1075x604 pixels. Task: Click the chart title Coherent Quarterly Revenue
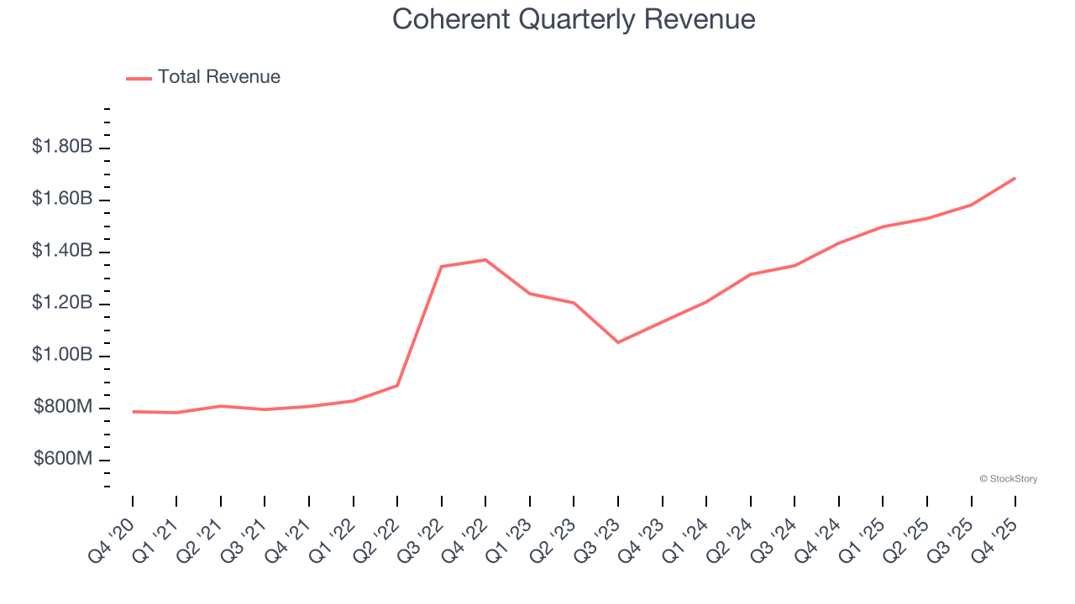[574, 19]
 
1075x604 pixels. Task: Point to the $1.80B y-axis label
[62, 147]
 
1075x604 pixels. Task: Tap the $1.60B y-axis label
[62, 199]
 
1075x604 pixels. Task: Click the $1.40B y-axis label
[62, 251]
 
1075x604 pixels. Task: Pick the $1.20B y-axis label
[62, 303]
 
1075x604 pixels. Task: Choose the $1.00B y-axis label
[62, 355]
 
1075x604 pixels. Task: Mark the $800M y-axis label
[64, 407]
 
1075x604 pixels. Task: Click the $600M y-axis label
[64, 459]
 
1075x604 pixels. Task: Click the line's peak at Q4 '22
[485, 260]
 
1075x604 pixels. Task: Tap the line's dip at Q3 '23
[618, 342]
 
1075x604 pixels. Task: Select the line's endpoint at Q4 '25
[1015, 178]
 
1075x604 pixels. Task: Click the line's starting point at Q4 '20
[133, 412]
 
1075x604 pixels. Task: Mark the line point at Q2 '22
[397, 386]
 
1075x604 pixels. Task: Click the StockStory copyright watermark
[1009, 479]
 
